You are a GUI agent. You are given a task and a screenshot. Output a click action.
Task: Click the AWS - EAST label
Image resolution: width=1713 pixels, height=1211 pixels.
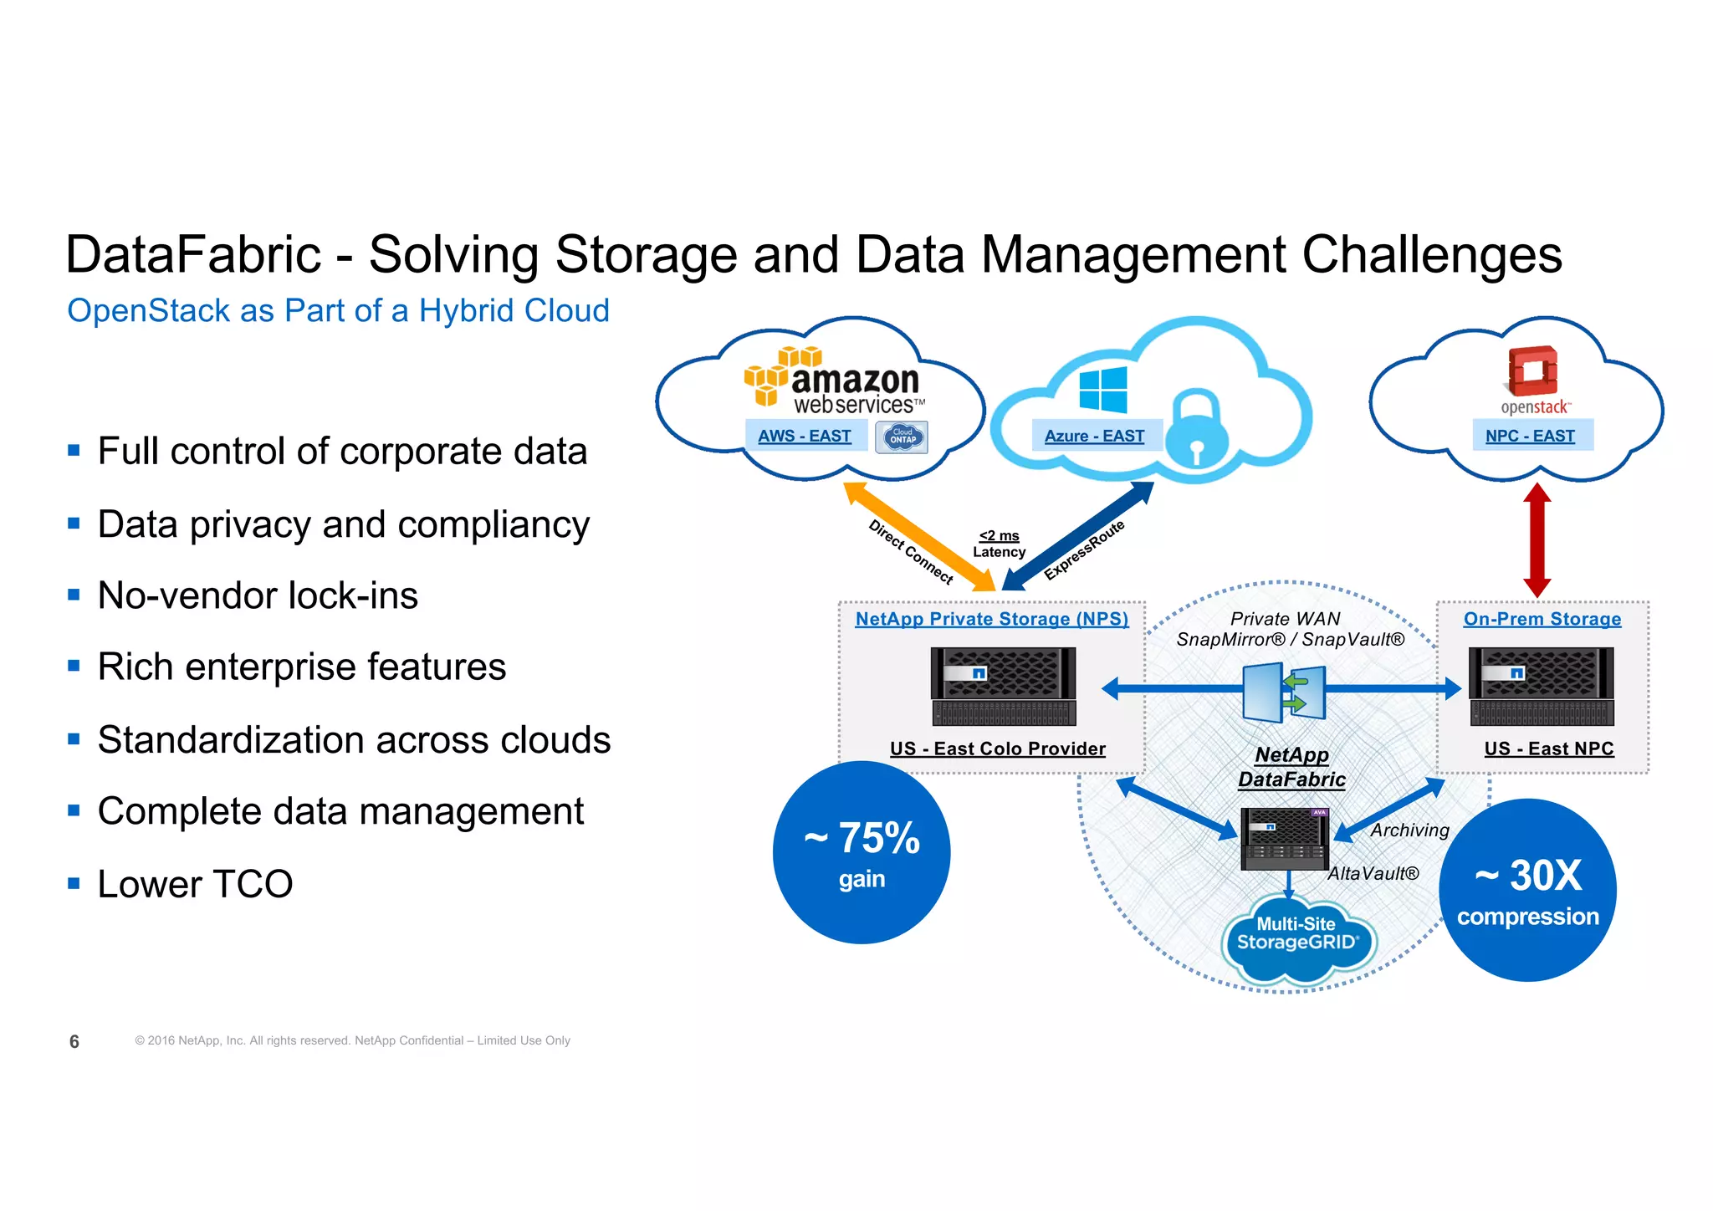click(804, 436)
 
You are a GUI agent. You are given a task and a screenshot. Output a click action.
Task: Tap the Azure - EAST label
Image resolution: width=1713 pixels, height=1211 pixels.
click(1094, 436)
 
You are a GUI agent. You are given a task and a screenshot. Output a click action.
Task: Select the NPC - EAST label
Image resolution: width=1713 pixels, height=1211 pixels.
click(1530, 436)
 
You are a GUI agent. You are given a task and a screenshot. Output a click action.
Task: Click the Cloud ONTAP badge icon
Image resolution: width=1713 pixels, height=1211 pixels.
click(902, 437)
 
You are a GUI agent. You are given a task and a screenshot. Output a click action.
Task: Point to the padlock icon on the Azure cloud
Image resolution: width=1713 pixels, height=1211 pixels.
click(1197, 427)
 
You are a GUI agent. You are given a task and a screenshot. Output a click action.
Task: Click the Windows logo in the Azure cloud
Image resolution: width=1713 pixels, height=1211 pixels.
click(1102, 390)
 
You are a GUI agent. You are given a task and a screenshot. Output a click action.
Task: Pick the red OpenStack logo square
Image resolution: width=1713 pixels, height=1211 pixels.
click(1533, 370)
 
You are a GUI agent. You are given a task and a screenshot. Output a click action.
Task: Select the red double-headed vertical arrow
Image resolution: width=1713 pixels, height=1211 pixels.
click(1537, 540)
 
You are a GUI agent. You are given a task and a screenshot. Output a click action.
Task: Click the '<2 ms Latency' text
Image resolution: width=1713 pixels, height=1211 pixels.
click(999, 544)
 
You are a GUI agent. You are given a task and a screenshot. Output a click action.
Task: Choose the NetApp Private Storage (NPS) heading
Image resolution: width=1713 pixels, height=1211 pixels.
click(991, 619)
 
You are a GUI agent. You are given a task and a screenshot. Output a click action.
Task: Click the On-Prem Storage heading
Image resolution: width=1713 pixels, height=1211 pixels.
click(1542, 619)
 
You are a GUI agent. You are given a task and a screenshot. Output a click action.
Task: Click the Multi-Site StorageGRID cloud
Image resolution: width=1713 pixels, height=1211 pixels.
click(1297, 936)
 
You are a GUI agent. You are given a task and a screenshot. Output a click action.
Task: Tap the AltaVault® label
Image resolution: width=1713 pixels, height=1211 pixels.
click(1373, 874)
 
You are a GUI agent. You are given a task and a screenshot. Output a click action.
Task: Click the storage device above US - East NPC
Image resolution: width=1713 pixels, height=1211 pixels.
click(1542, 687)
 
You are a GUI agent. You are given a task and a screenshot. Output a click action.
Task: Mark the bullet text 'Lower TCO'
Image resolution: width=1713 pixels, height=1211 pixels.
click(195, 884)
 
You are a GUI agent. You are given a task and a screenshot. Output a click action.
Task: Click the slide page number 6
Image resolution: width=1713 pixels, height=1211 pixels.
click(74, 1041)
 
